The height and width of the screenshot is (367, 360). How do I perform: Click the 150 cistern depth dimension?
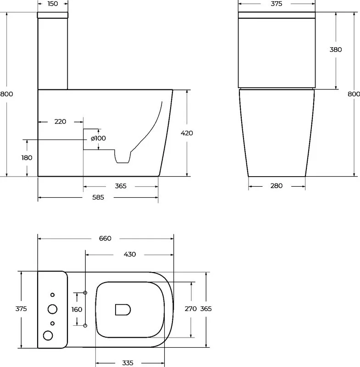tap(52, 4)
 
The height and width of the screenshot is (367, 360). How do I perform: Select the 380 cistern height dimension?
tap(336, 50)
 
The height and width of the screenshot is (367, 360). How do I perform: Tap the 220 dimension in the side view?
tap(61, 122)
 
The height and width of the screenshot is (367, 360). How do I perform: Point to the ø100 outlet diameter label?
tap(98, 138)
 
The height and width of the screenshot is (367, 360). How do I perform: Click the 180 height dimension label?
tap(27, 158)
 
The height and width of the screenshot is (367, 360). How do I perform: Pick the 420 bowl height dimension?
tap(187, 133)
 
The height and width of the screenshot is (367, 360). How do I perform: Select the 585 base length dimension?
tap(98, 197)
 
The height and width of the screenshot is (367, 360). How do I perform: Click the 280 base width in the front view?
tap(277, 186)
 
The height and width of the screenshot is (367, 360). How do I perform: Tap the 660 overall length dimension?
tap(105, 239)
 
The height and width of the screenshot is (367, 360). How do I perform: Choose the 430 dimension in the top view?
tap(130, 255)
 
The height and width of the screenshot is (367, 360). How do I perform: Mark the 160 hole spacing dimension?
tap(77, 310)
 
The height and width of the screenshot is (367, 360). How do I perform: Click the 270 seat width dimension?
tap(191, 309)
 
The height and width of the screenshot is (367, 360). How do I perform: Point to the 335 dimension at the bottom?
tap(127, 363)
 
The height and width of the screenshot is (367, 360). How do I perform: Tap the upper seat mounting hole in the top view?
tap(85, 293)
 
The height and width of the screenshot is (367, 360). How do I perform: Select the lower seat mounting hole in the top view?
tap(85, 326)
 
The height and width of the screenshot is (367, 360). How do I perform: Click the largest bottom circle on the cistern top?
tap(48, 335)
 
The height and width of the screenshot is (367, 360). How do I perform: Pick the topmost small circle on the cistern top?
tap(52, 295)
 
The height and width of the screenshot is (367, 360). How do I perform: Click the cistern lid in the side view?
tap(53, 15)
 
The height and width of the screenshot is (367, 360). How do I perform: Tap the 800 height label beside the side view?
tap(6, 94)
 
